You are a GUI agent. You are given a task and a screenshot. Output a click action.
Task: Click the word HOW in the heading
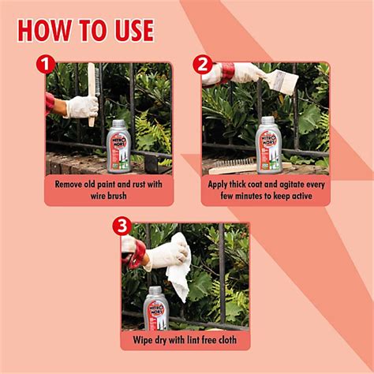44,30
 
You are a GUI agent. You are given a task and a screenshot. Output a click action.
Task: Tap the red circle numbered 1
46,65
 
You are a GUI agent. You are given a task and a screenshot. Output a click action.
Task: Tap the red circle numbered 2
203,65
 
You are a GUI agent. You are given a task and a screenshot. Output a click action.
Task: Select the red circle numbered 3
122,226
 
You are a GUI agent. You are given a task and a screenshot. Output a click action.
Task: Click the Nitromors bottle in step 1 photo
118,146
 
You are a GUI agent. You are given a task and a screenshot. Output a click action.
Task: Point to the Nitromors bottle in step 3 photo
156,309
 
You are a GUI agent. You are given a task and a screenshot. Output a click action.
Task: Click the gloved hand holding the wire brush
82,107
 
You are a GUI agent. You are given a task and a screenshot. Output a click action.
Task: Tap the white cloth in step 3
179,266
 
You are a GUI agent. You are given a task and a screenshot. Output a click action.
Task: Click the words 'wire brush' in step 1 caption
109,196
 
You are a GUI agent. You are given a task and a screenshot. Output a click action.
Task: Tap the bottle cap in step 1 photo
118,123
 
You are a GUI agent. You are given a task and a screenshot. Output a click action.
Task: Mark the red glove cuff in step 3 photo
136,254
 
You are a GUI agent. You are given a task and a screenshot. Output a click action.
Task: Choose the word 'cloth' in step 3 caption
227,340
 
